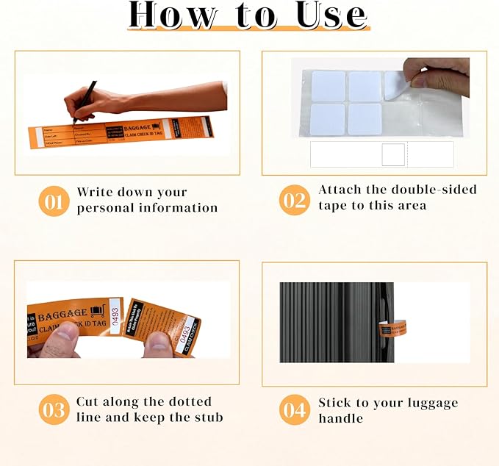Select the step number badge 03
[x=54, y=410]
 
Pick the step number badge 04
[x=294, y=410]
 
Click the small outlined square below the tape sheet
[x=393, y=154]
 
